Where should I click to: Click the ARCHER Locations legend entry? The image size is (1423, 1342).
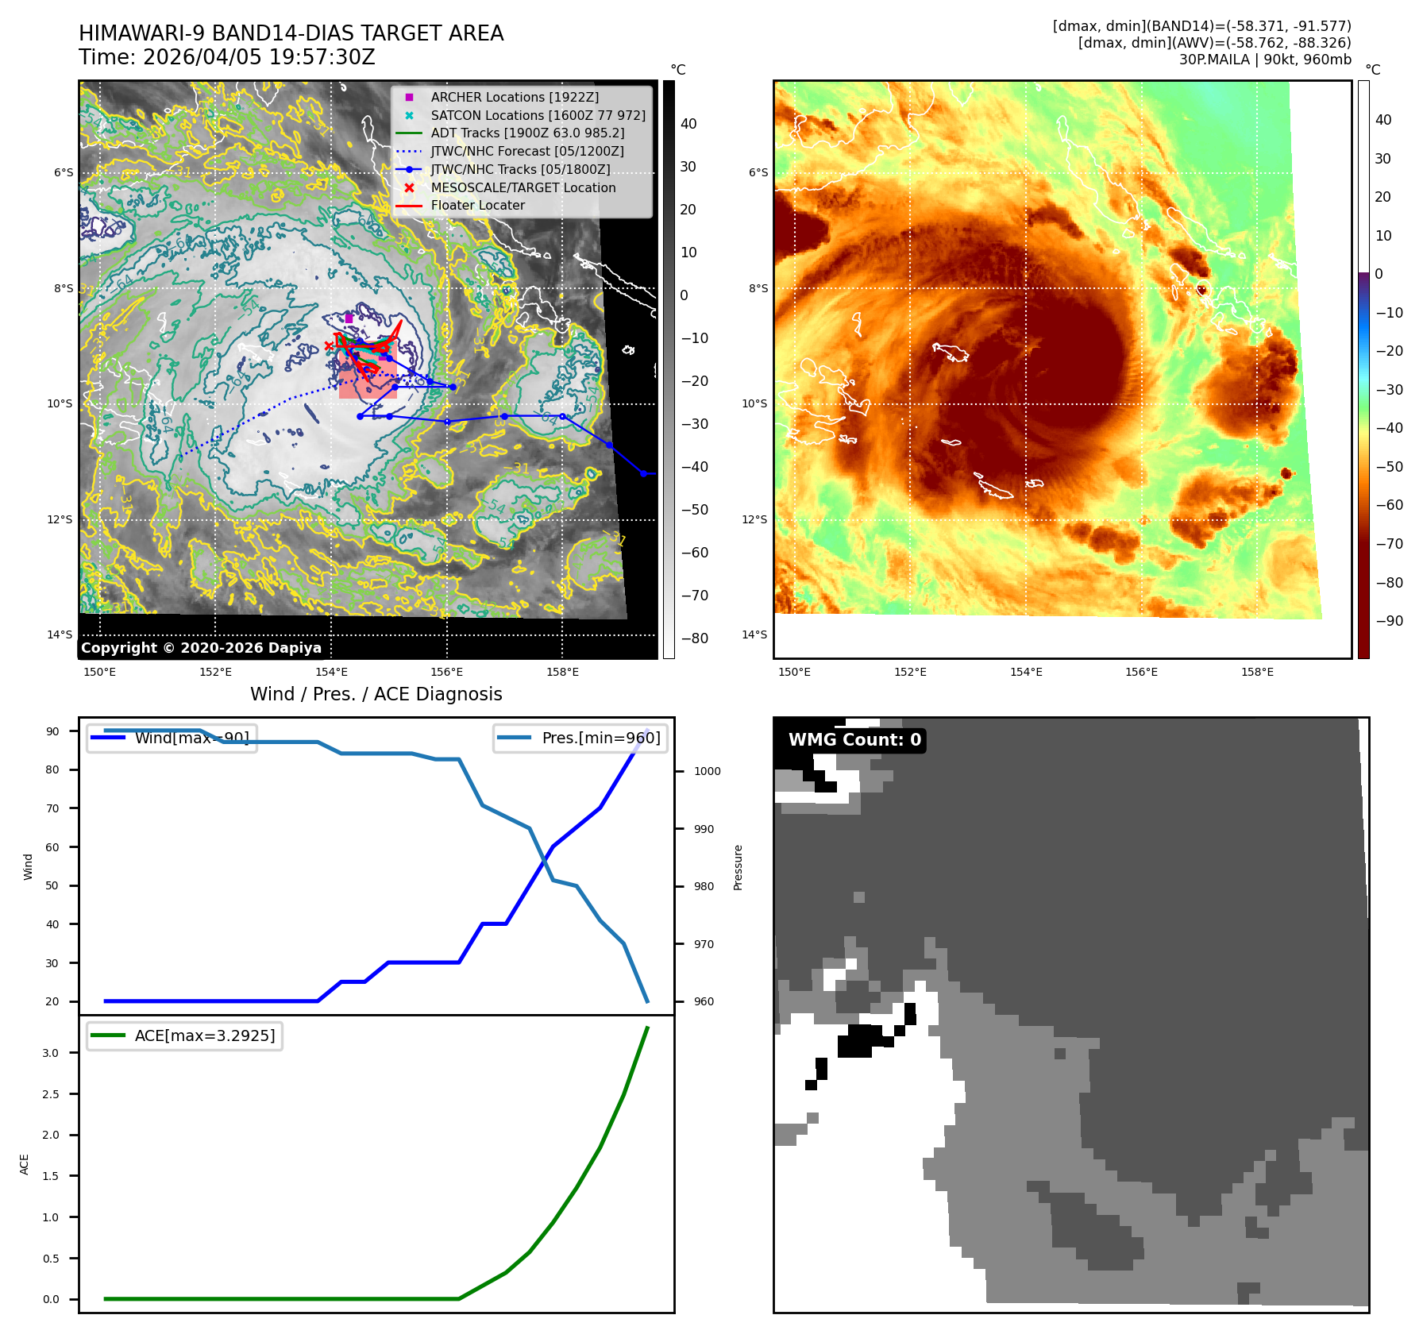click(x=515, y=97)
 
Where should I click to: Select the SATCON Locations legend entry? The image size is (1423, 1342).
click(x=538, y=115)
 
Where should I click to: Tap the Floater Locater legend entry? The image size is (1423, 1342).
click(x=477, y=205)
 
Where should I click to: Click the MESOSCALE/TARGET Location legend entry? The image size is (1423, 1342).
click(x=523, y=187)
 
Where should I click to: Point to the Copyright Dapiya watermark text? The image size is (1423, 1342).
click(x=201, y=648)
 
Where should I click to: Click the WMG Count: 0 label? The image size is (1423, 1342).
click(x=854, y=740)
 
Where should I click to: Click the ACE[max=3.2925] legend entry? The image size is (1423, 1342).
click(x=204, y=1035)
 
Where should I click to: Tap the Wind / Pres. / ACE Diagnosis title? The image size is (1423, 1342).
click(x=376, y=694)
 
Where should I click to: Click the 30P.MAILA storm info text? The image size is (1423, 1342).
click(x=1264, y=60)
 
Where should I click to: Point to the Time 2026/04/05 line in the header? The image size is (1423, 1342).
click(x=226, y=57)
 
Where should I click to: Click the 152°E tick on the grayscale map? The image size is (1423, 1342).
click(x=215, y=672)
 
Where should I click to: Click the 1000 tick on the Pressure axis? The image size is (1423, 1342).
click(x=707, y=771)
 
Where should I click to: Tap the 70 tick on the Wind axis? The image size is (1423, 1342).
click(x=52, y=808)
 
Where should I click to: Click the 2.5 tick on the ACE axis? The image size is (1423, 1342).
click(x=50, y=1094)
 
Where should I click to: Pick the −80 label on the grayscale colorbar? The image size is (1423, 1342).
click(x=694, y=638)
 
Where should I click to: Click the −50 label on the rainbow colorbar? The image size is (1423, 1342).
click(x=1389, y=467)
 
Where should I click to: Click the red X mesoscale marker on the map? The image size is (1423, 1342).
click(x=329, y=345)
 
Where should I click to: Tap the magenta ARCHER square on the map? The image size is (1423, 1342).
click(x=349, y=318)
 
